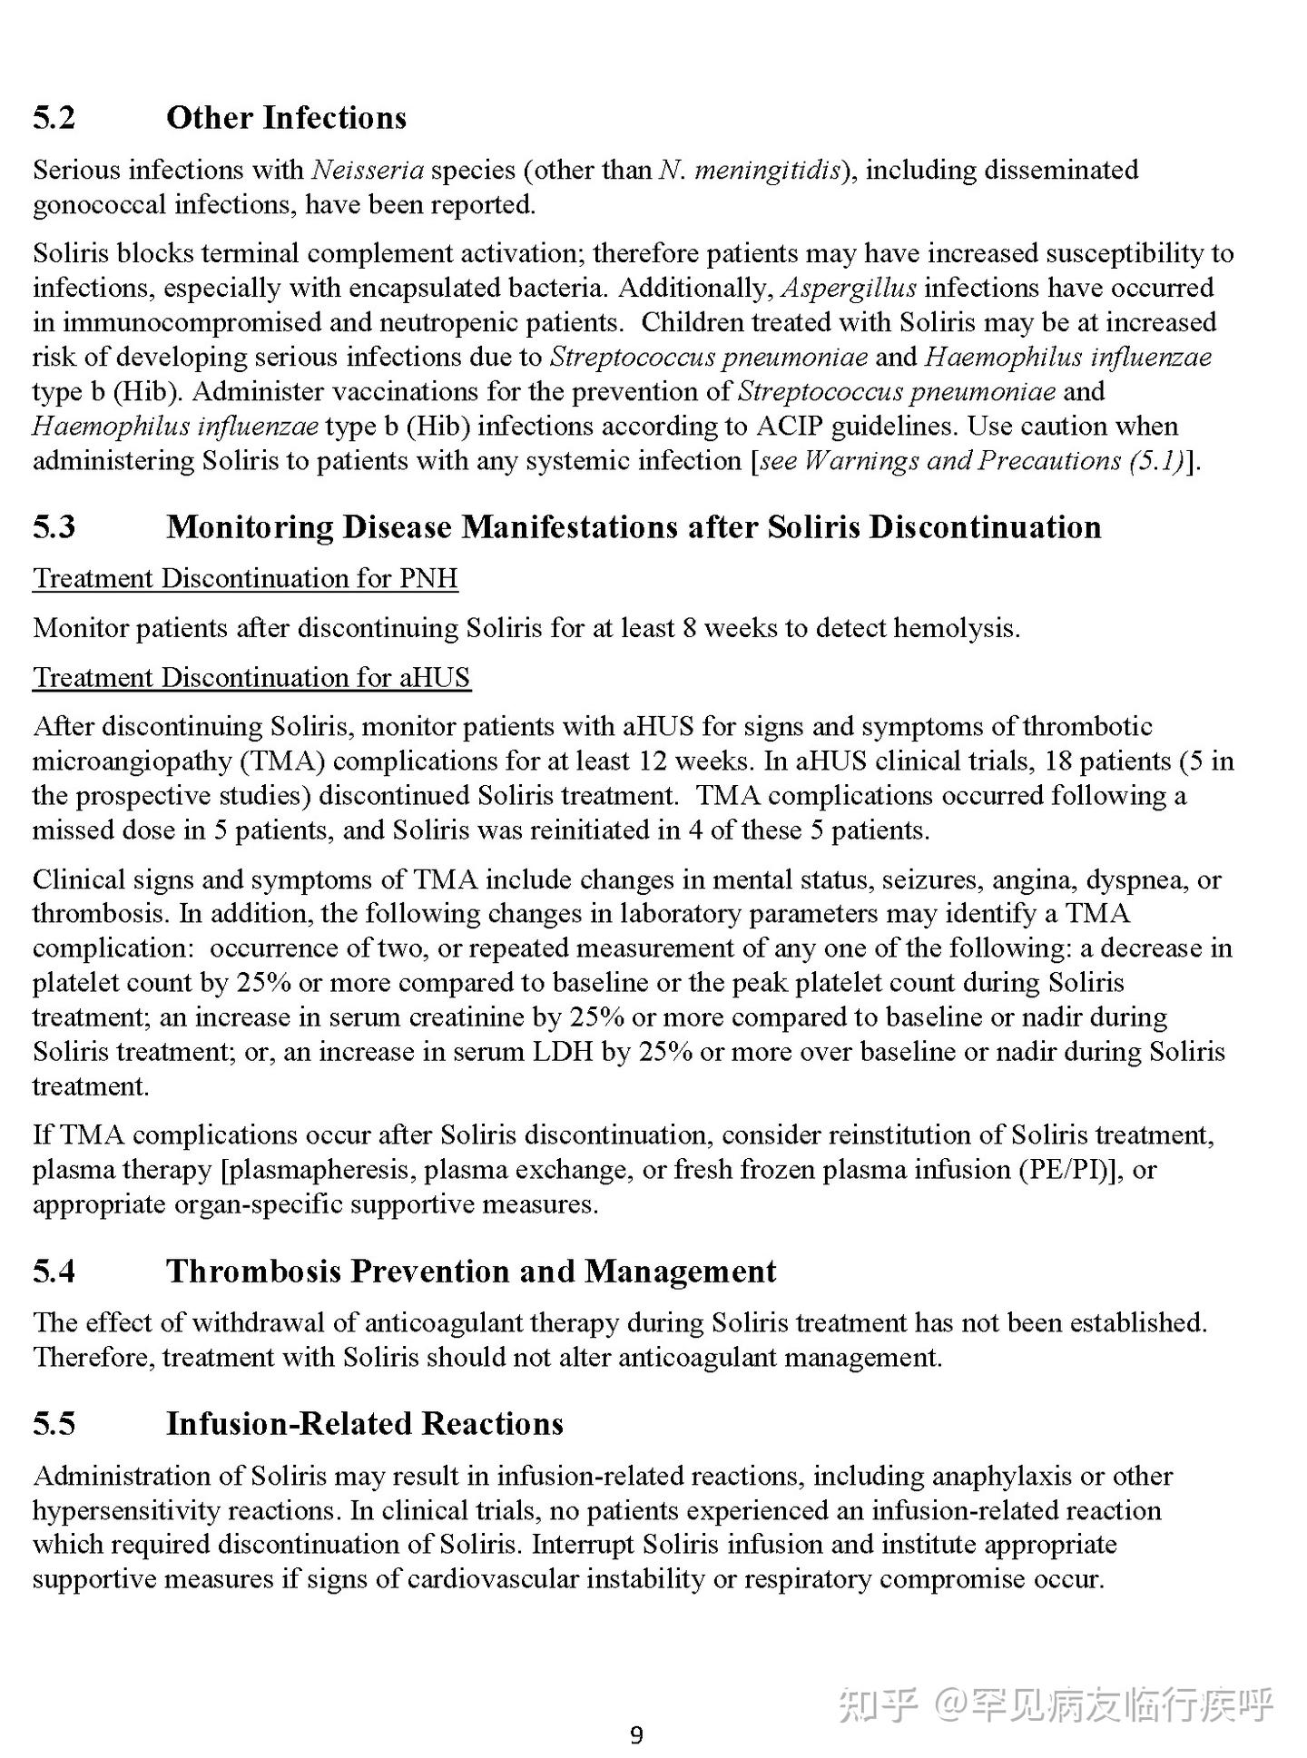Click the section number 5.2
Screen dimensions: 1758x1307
(x=54, y=118)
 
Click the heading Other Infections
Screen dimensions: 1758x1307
(x=286, y=118)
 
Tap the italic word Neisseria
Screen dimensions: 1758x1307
(x=368, y=170)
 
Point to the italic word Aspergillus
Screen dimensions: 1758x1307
(x=849, y=288)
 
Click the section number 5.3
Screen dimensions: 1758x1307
(x=54, y=527)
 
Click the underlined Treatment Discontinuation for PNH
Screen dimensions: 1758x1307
(x=245, y=578)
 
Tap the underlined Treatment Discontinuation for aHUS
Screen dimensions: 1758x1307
(x=251, y=677)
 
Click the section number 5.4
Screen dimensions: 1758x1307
(x=54, y=1272)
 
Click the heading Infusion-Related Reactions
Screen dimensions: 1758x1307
(x=364, y=1423)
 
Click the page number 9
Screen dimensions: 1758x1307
(x=636, y=1735)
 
